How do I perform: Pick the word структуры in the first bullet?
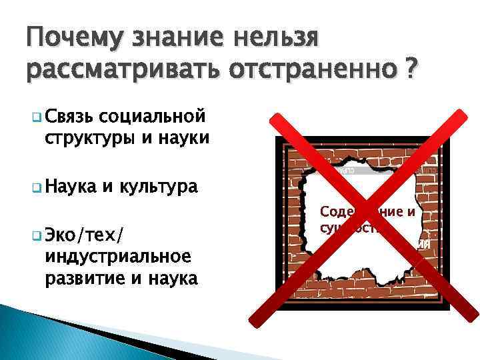pyautogui.click(x=89, y=138)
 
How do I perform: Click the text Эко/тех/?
pyautogui.click(x=86, y=234)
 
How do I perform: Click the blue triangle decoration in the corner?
pyautogui.click(x=33, y=333)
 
